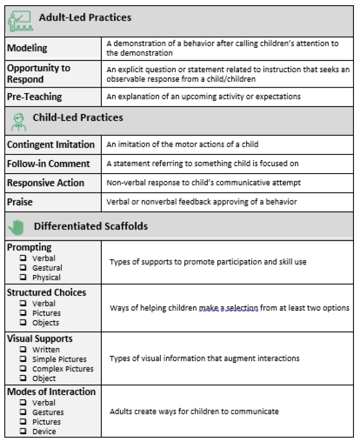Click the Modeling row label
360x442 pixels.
(27, 48)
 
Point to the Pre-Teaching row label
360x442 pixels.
(34, 97)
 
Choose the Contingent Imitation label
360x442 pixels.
(51, 145)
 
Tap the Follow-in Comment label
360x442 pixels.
(48, 164)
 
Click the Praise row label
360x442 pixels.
(20, 202)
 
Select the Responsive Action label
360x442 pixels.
(45, 183)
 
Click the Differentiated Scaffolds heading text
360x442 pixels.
(90, 227)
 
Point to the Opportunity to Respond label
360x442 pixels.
(38, 73)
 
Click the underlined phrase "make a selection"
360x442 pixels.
(228, 308)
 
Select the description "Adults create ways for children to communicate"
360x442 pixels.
(194, 412)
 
